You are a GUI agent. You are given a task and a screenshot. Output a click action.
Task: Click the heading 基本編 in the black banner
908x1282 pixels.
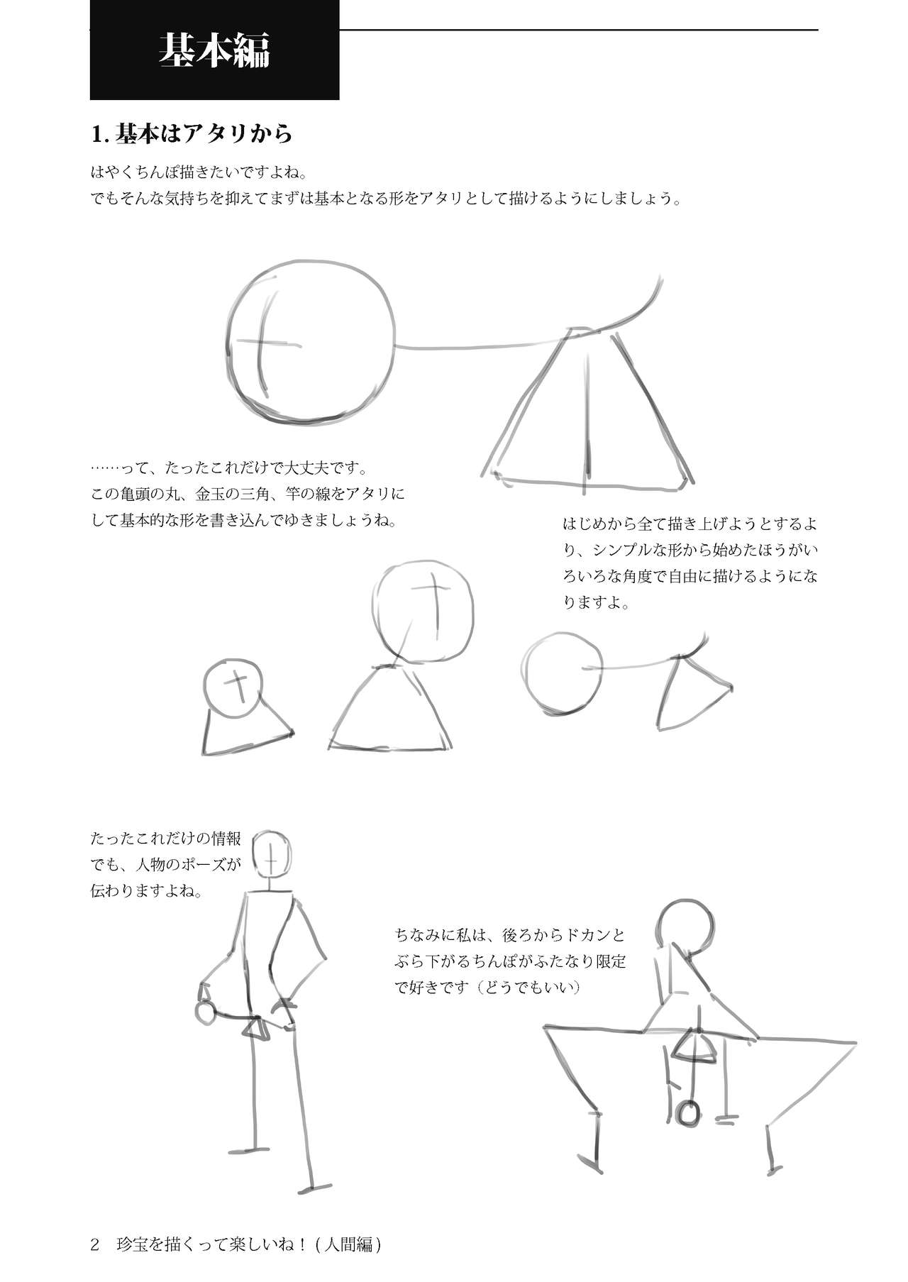point(214,52)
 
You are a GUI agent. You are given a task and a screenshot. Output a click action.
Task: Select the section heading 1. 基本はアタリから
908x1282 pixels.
point(192,133)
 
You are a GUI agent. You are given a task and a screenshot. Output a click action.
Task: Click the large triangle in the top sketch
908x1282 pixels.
point(587,411)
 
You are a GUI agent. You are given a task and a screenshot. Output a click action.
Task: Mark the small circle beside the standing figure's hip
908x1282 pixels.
point(205,1013)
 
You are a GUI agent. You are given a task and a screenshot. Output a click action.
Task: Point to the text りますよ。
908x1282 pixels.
point(596,602)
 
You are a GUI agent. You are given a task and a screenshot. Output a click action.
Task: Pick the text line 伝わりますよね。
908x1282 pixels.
point(147,890)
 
